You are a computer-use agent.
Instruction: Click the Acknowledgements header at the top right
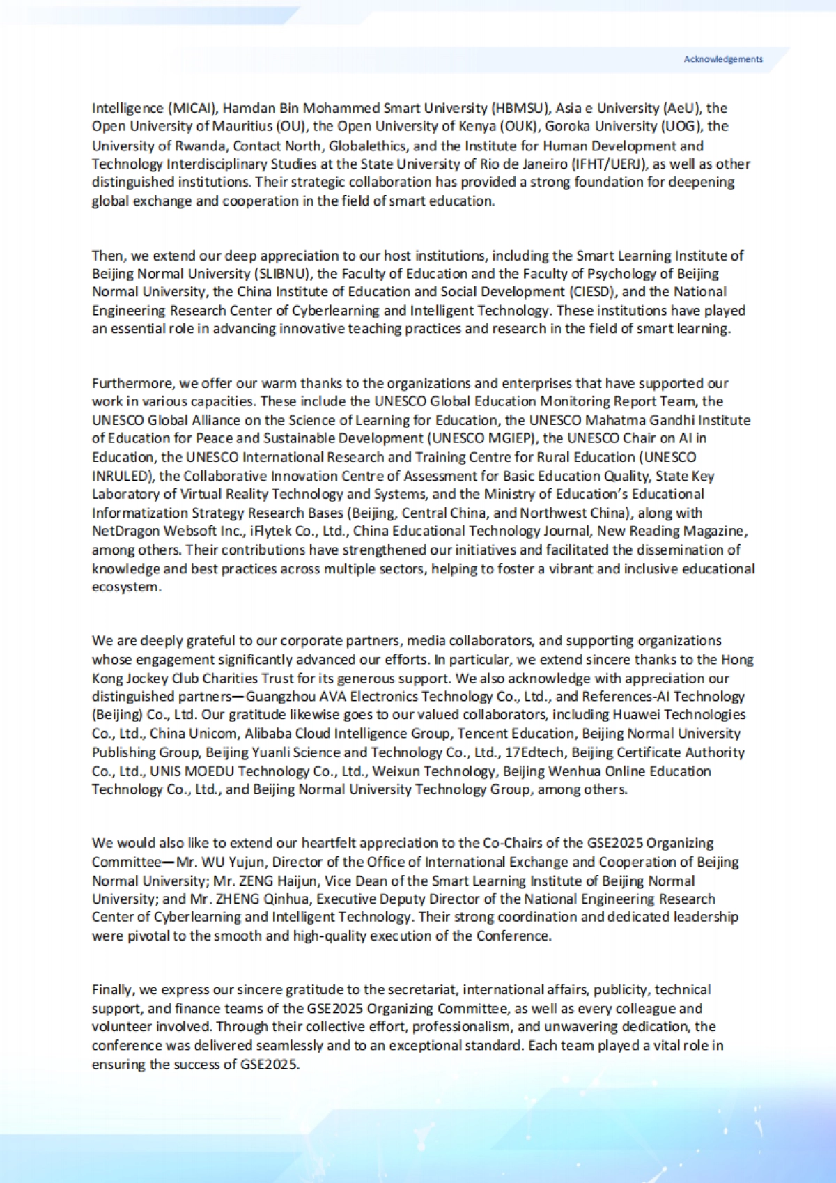722,59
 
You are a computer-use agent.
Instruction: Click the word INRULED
121,476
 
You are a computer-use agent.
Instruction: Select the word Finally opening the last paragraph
113,990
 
